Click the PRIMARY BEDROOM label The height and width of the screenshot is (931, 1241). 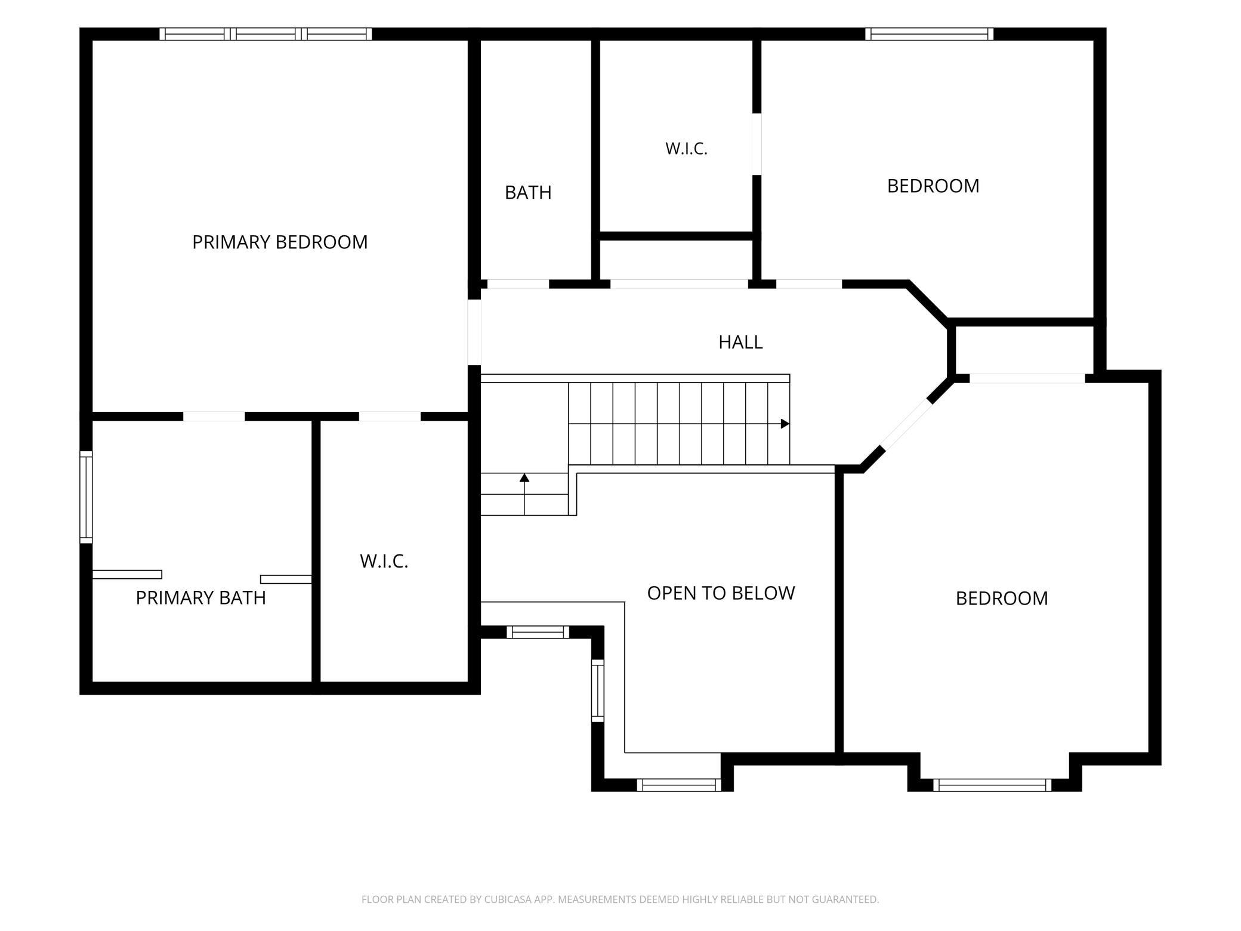coord(280,242)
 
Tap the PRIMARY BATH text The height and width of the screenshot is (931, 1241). coord(200,597)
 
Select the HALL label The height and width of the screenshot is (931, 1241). coord(740,342)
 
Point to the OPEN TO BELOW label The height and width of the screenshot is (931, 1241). coord(721,593)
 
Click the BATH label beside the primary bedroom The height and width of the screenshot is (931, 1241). coord(528,192)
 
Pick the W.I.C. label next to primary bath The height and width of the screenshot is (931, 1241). coord(384,561)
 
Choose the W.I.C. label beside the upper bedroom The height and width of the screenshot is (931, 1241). coord(686,149)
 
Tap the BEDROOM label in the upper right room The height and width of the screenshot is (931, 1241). coord(933,186)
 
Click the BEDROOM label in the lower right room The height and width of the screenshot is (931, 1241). coord(1002,598)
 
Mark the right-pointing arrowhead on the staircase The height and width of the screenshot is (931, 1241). coord(785,424)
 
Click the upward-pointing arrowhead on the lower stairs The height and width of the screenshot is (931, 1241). coord(524,477)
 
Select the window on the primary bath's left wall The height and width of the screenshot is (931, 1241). coord(87,497)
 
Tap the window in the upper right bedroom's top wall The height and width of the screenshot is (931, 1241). coord(930,34)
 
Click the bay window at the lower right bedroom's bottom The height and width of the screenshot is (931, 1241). coord(992,785)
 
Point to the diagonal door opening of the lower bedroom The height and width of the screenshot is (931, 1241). coord(906,424)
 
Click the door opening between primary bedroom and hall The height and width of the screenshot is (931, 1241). coord(474,332)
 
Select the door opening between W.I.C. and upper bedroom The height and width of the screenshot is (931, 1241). coord(757,144)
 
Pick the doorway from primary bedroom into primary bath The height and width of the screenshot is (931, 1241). coord(214,416)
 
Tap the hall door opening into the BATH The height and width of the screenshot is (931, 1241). coord(518,284)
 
